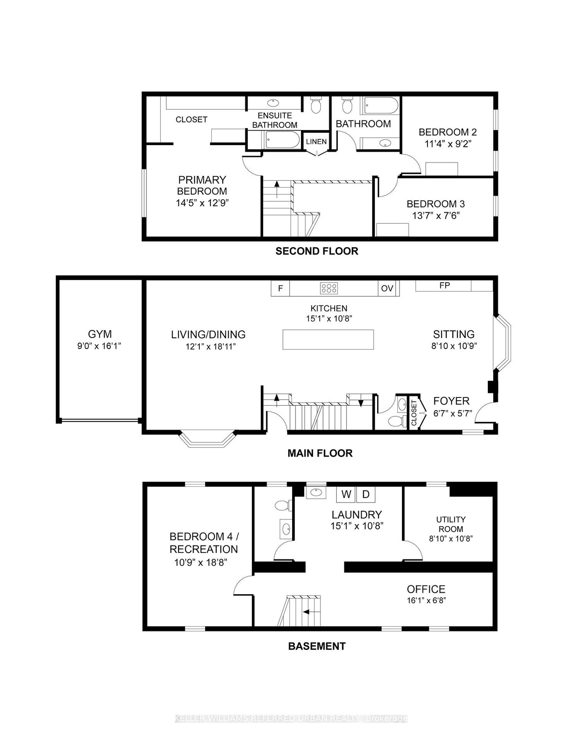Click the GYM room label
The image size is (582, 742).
[100, 334]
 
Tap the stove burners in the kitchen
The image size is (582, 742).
[329, 288]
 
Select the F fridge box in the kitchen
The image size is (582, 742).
[280, 288]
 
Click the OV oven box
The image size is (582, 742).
[387, 288]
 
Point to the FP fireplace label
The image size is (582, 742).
[444, 285]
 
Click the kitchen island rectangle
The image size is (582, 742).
[328, 340]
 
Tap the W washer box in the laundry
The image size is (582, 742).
[346, 494]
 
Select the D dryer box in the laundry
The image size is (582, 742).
[366, 494]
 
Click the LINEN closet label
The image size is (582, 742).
[316, 142]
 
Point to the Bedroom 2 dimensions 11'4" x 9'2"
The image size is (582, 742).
[448, 144]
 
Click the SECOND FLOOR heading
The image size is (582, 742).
[317, 251]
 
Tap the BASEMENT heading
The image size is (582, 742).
[317, 646]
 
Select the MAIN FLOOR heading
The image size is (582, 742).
[320, 453]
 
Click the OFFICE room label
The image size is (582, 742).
[426, 589]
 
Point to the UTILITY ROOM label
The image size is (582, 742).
[451, 524]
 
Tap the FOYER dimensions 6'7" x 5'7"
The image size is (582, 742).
[452, 413]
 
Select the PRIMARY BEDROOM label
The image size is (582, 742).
[202, 186]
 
